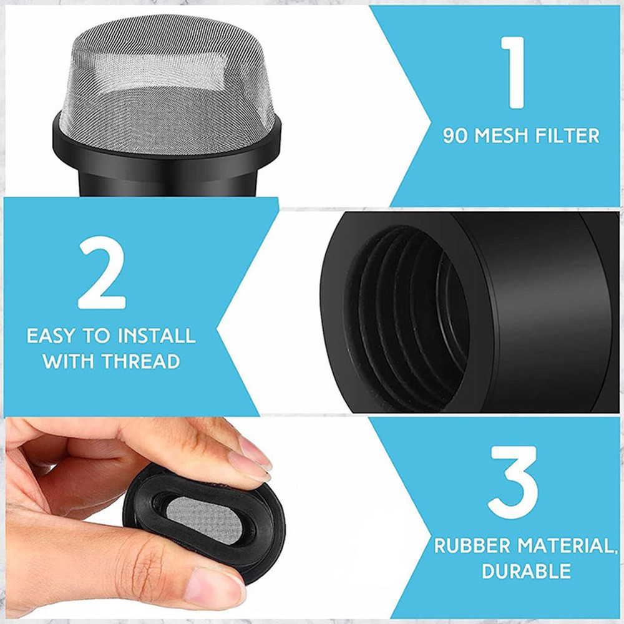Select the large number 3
(x=513, y=482)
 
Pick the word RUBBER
(x=474, y=546)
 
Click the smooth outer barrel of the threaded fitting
(x=537, y=312)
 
